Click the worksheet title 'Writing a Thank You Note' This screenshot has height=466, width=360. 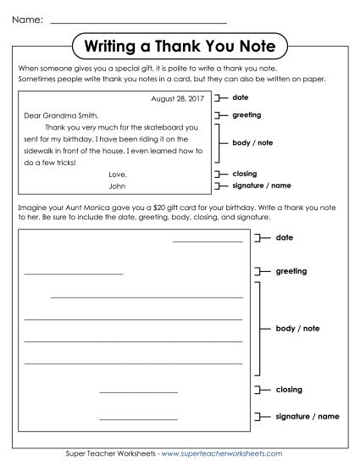coord(179,45)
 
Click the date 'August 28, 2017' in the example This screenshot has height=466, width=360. coord(177,99)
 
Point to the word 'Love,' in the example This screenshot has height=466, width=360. coord(118,175)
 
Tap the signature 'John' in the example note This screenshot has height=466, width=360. coord(118,186)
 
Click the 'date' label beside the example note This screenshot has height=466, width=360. coord(241,98)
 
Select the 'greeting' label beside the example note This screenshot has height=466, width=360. coord(246,114)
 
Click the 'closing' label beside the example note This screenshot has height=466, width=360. coord(245,174)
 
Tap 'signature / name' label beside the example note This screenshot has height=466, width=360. coord(262,186)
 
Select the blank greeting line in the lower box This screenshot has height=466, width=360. coord(74,274)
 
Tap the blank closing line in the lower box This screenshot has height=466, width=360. coord(138,392)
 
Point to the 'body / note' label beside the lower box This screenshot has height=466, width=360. coord(297,328)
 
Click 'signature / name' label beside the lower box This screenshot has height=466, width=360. coord(307,417)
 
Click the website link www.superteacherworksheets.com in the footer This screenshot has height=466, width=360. coord(230,455)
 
